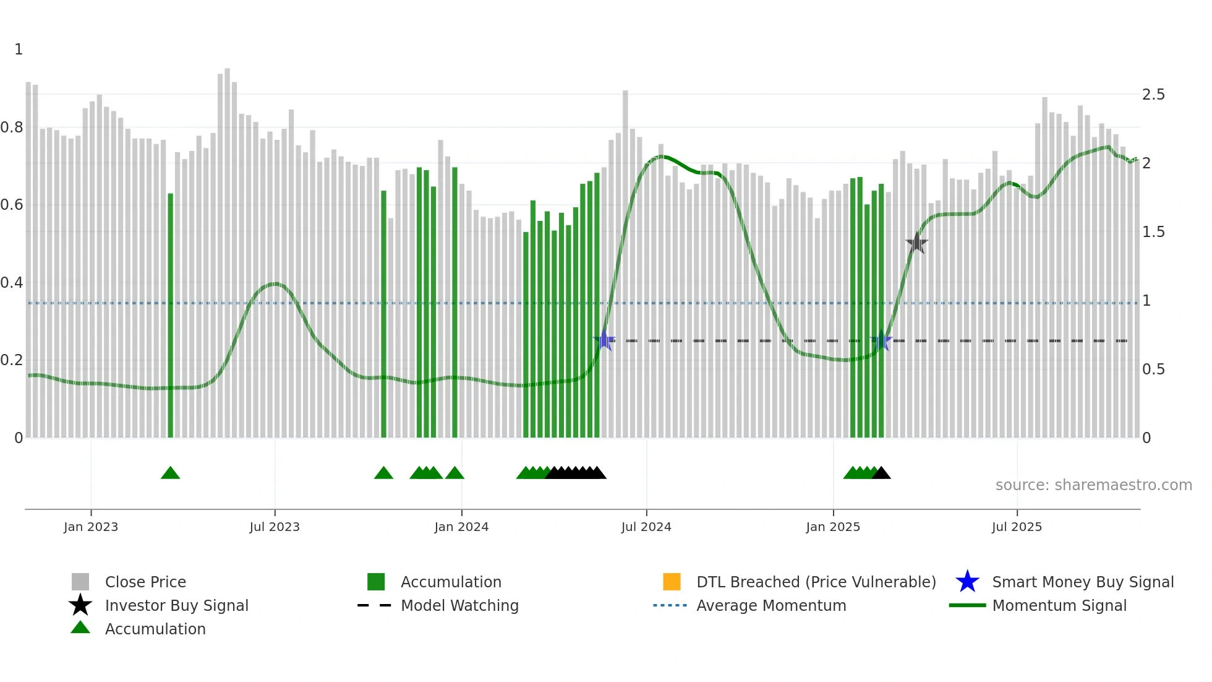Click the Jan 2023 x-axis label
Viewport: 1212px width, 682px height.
point(91,527)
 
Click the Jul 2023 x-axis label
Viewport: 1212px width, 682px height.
point(275,527)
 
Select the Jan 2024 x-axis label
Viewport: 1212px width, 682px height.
point(461,527)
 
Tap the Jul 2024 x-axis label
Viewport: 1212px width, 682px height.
point(646,527)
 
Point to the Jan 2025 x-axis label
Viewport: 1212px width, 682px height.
point(833,527)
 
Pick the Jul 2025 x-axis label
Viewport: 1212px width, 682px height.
point(1017,527)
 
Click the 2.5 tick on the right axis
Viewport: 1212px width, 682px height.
point(1153,95)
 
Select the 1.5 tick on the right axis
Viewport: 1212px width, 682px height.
point(1153,232)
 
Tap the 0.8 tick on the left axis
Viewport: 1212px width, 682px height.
point(12,127)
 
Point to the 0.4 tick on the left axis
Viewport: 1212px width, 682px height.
point(12,283)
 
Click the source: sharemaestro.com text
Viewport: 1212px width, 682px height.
point(1093,485)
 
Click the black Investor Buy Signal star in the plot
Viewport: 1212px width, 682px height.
point(916,243)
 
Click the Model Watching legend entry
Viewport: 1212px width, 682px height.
point(459,605)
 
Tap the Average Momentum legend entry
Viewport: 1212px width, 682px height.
point(770,605)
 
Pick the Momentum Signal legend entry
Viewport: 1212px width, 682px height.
point(1059,605)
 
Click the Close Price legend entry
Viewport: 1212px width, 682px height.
point(145,582)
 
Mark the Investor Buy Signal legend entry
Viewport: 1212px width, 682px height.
point(176,605)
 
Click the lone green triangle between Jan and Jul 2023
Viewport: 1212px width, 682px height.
point(170,473)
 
